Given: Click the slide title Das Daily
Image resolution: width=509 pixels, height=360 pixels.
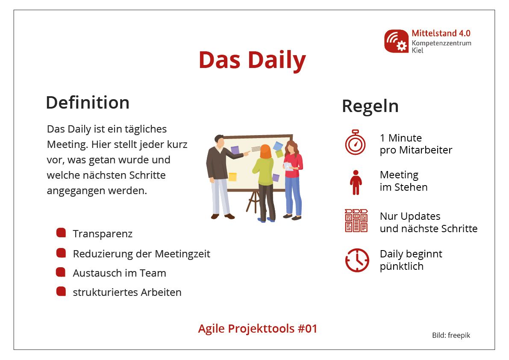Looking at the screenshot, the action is click(252, 60).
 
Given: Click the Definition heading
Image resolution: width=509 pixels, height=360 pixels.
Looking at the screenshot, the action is click(88, 103).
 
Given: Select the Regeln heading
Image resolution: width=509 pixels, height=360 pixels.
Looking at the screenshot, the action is click(370, 106).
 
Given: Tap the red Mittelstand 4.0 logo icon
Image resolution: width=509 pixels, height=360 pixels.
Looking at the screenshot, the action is click(396, 41).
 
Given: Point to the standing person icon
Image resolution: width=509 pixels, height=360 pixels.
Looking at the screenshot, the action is click(356, 183).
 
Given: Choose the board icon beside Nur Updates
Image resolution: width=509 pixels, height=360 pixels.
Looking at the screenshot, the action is click(356, 221).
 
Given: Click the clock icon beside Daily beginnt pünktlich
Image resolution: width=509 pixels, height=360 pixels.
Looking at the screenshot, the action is click(357, 260).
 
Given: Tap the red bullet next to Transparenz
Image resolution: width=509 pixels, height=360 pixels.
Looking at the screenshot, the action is click(61, 233).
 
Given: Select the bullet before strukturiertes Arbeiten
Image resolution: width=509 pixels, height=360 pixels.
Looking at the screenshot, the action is click(61, 291).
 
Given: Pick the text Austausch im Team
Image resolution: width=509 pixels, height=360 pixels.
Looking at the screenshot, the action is click(120, 273).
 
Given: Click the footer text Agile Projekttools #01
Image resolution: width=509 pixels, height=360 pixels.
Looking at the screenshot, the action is click(257, 328).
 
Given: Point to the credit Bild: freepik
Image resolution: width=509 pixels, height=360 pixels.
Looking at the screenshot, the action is click(451, 335).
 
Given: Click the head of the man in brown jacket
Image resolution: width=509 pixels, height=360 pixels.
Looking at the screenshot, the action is click(220, 141).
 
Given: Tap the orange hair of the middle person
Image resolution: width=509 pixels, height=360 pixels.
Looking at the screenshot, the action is click(265, 152).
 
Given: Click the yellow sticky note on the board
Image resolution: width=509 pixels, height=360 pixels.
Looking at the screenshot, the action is click(232, 177).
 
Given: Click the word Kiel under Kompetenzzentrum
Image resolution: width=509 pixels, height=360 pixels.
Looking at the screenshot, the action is click(418, 50).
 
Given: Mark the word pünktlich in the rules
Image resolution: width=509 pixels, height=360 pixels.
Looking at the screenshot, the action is click(402, 266).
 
